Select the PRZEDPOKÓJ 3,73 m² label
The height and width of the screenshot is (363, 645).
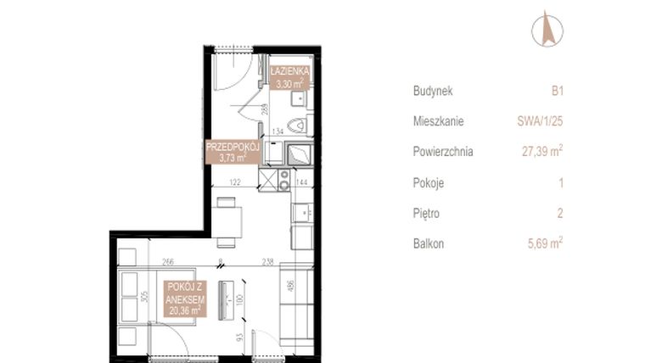tap(232, 151)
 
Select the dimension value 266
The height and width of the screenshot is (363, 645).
tap(169, 262)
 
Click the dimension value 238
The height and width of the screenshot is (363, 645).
tap(269, 262)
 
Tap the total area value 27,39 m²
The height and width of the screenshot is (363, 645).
tap(541, 152)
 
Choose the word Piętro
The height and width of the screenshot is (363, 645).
tap(429, 213)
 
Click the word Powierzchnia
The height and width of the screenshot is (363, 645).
tap(443, 152)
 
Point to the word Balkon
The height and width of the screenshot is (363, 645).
tap(429, 243)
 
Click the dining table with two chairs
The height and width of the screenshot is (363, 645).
tap(227, 218)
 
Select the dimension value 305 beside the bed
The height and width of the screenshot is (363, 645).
tap(145, 298)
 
